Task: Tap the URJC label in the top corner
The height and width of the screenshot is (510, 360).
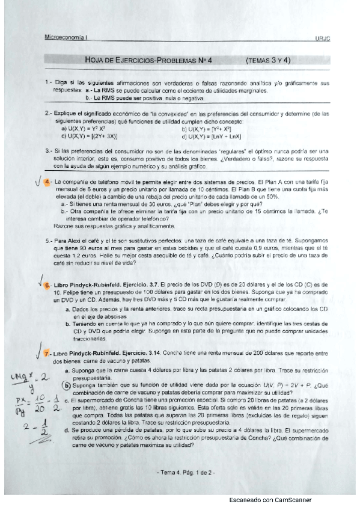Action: pos(323,38)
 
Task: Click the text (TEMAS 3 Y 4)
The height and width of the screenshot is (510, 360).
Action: pos(269,60)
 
